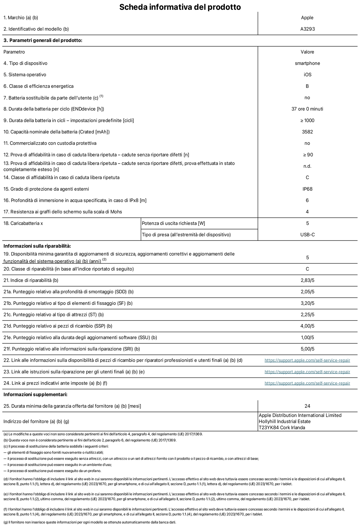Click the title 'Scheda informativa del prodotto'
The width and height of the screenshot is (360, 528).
pos(180,7)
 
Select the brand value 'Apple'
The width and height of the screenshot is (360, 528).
pos(307,18)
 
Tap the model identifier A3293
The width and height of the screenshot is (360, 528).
pos(307,29)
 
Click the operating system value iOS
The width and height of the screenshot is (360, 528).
pos(307,75)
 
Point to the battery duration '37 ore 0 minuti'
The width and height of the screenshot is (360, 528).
pos(307,109)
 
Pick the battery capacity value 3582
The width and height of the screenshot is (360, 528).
pos(307,132)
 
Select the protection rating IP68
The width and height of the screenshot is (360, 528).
pos(307,189)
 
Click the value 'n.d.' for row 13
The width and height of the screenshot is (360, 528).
pos(307,166)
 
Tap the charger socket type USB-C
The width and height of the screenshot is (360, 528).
pos(307,235)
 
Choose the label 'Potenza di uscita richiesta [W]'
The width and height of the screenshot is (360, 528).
pos(173,223)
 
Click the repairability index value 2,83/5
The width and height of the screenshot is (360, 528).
pos(307,280)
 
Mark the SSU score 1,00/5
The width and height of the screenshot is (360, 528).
pos(307,338)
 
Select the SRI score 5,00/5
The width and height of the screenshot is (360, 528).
pos(307,349)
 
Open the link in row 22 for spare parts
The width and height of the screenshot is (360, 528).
pos(307,360)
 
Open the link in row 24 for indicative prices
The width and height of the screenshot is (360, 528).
pos(307,383)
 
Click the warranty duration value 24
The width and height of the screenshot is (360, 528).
pos(307,406)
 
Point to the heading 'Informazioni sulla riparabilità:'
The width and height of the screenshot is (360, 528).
pos(37,246)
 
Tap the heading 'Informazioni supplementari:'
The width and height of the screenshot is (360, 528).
pos(36,395)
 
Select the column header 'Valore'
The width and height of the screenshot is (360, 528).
pos(307,52)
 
